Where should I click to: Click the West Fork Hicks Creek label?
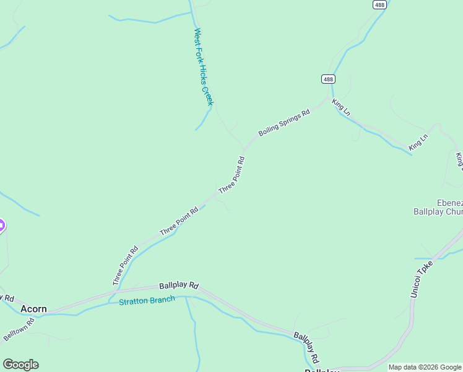[203, 66]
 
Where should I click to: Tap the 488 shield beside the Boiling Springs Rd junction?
[328, 79]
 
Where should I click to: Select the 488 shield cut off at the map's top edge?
[380, 4]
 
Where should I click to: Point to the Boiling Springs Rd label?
[284, 123]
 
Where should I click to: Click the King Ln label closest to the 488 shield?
[341, 107]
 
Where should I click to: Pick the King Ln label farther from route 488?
[418, 142]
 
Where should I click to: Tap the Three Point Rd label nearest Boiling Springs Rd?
[232, 174]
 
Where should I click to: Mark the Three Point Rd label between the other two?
[179, 221]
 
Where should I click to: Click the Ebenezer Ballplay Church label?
[438, 207]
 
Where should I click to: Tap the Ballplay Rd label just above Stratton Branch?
[178, 286]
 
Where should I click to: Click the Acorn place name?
[33, 308]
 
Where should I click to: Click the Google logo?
[20, 365]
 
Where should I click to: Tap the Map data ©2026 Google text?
[425, 367]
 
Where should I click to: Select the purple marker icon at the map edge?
[1, 226]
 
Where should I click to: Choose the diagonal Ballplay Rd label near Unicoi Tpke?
[306, 347]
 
